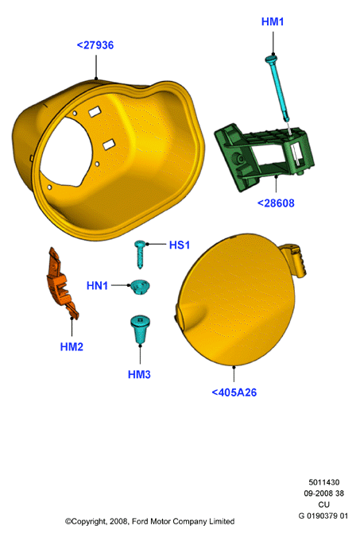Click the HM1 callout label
click(x=273, y=22)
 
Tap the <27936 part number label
click(x=95, y=45)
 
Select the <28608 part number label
click(x=276, y=203)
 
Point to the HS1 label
click(x=180, y=245)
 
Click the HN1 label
click(x=97, y=285)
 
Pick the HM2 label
click(x=72, y=346)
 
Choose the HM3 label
click(x=139, y=374)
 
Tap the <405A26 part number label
click(x=234, y=392)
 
